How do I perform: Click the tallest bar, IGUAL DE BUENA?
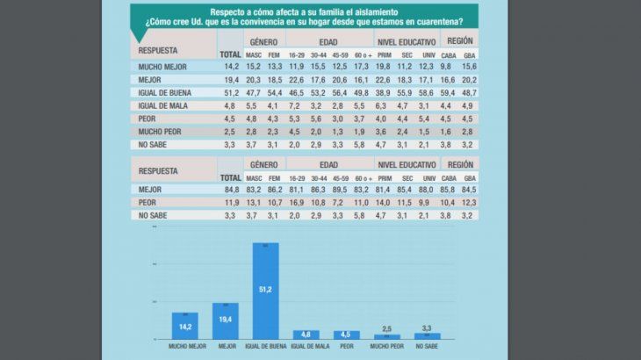click(265, 291)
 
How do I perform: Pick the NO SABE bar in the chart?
click(427, 335)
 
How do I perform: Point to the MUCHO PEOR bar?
click(386, 336)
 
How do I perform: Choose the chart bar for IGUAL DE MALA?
click(306, 335)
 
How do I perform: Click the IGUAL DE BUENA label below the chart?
click(265, 347)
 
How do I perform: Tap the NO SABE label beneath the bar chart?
click(427, 347)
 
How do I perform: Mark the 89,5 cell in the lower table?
click(340, 188)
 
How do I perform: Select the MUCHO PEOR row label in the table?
click(162, 130)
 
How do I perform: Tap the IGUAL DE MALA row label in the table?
click(163, 104)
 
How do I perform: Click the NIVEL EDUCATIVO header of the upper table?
click(406, 41)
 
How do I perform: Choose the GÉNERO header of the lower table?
click(263, 164)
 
